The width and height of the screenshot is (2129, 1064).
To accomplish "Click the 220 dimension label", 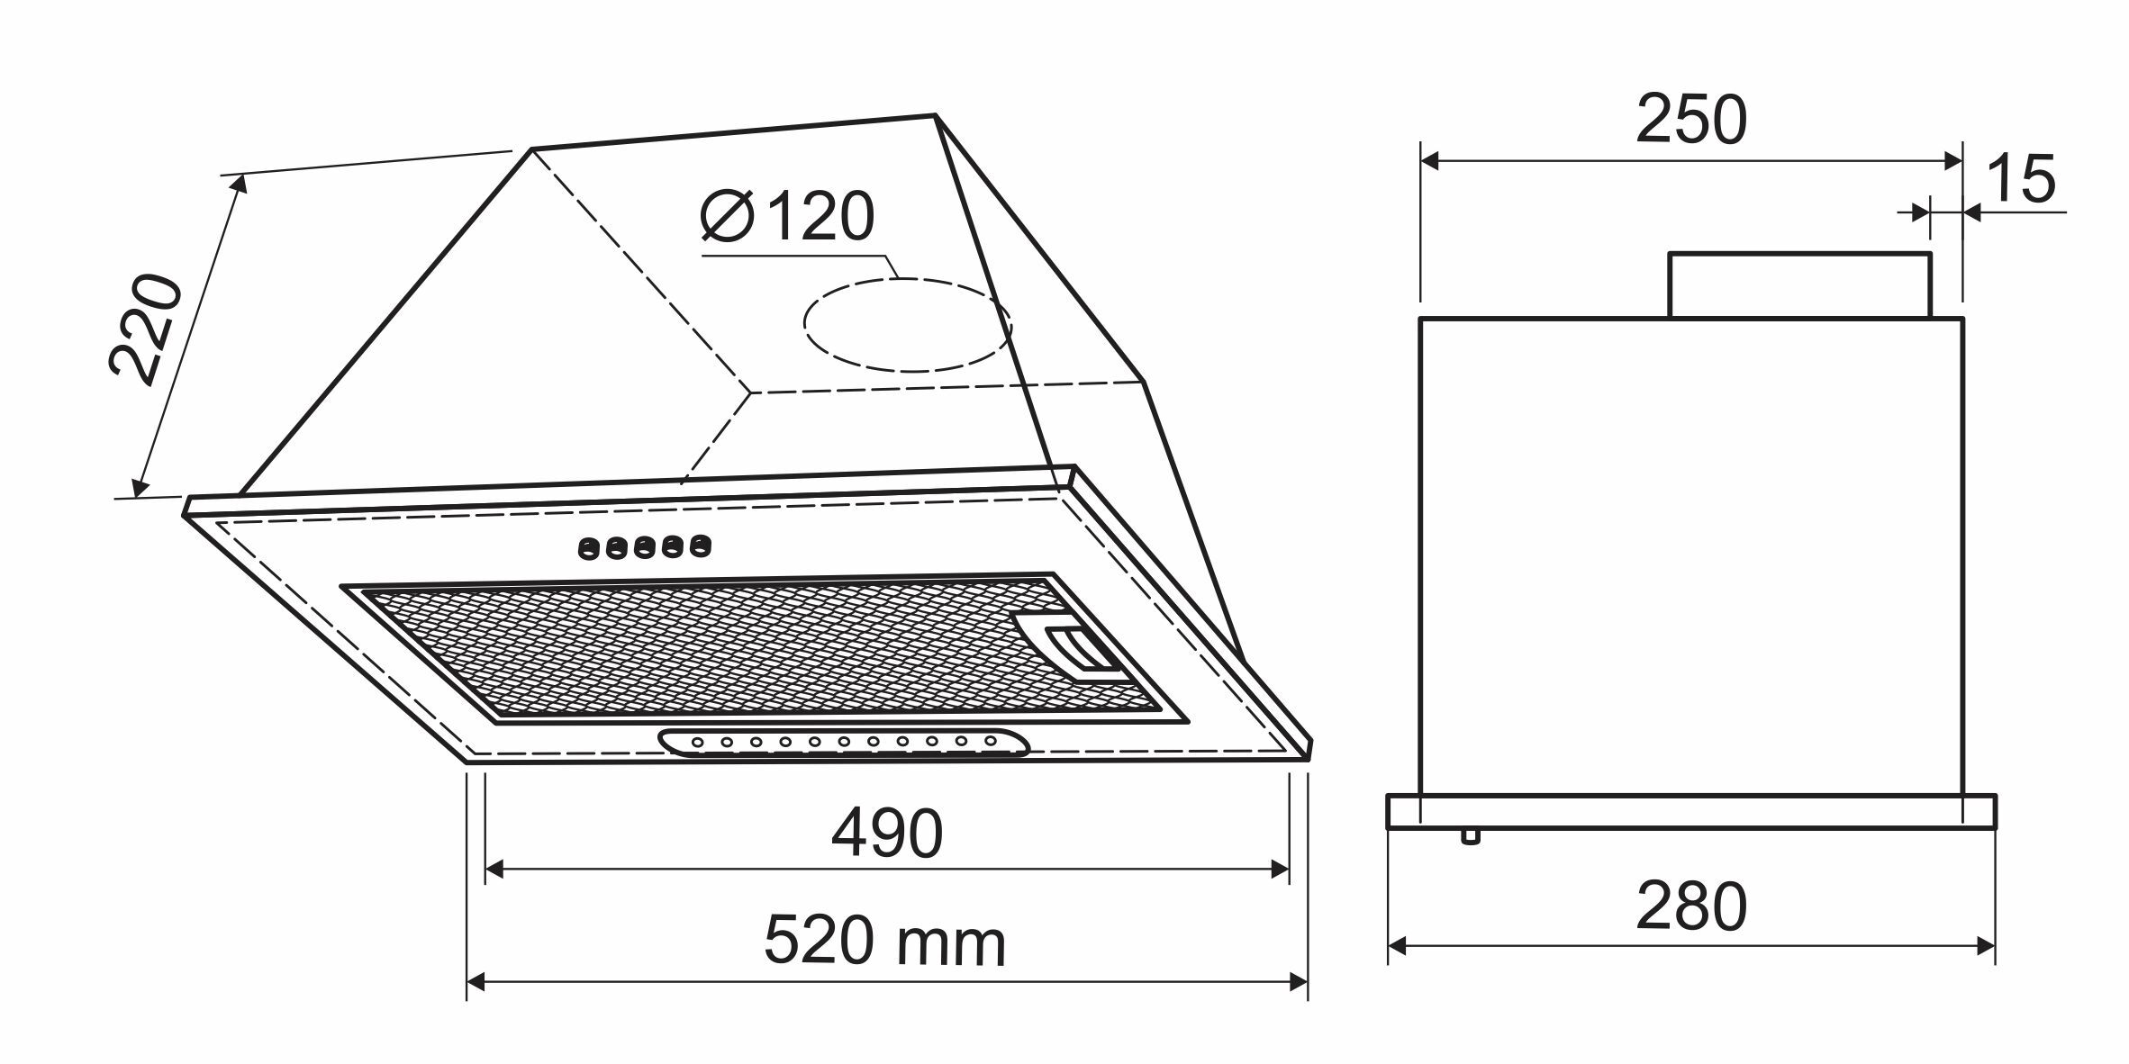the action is click(x=145, y=329).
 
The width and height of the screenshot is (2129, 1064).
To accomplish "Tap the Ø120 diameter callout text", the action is click(x=788, y=216).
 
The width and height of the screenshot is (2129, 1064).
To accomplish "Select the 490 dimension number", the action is click(x=886, y=833).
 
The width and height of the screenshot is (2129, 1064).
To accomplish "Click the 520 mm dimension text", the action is click(x=884, y=942).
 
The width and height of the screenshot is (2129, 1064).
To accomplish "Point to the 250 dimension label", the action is click(x=1690, y=119).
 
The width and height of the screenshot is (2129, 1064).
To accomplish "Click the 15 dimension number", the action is click(x=2020, y=178).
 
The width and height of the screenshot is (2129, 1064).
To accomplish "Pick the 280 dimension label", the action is click(x=1690, y=907).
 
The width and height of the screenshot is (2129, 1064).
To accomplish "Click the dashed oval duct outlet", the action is click(x=908, y=324).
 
